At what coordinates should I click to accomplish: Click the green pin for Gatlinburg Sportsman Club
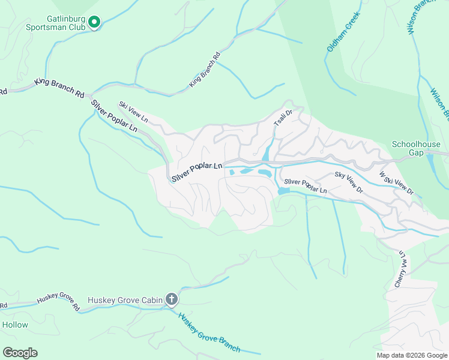[x=94, y=23]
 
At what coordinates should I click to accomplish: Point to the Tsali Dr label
[x=283, y=117]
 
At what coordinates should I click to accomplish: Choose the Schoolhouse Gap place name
[x=416, y=148]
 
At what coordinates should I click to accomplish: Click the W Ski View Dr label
[x=396, y=183]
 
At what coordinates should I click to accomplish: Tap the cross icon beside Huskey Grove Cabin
[x=172, y=299]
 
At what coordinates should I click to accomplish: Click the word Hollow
[x=15, y=325]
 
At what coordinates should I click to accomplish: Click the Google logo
[x=20, y=353]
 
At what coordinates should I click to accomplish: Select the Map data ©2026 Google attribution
[x=411, y=355]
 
